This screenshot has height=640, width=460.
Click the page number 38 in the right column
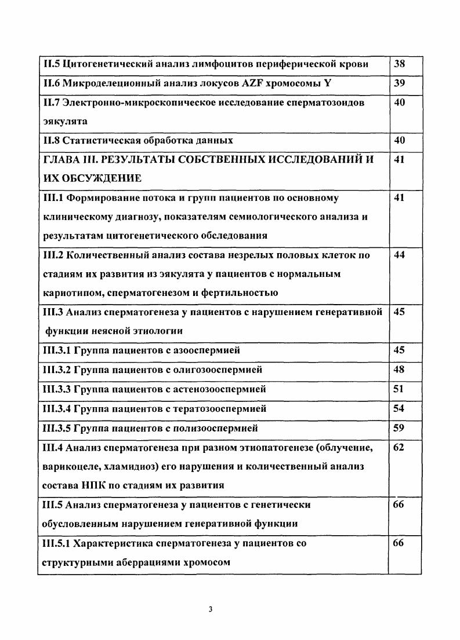tap(399, 64)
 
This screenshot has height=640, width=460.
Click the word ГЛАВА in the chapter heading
tap(61, 159)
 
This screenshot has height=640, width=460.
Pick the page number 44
tap(399, 255)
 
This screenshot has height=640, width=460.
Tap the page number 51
tap(399, 389)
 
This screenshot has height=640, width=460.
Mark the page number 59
tap(399, 429)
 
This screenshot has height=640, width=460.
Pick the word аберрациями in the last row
tap(144, 562)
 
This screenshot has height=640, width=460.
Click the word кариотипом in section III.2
tap(71, 292)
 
